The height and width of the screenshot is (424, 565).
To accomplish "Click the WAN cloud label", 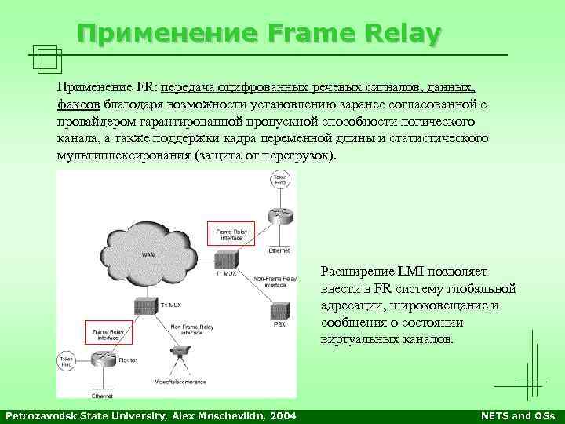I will [x=148, y=254].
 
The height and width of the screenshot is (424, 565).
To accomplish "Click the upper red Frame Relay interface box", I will [x=231, y=232].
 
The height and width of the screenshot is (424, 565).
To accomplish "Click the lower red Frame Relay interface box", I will [x=110, y=334].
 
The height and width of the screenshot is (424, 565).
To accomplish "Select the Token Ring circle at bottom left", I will [x=68, y=362].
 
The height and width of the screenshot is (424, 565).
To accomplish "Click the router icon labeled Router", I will [x=102, y=360].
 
